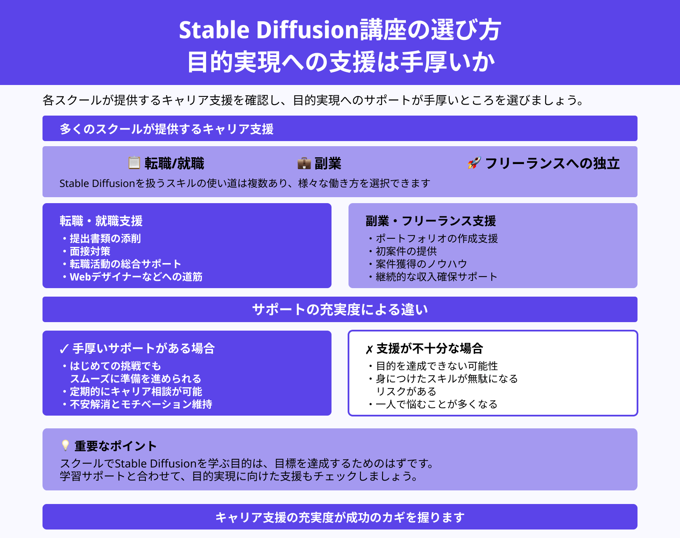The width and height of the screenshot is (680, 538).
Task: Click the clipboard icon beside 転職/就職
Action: click(134, 163)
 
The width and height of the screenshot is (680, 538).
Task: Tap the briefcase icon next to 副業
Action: click(304, 163)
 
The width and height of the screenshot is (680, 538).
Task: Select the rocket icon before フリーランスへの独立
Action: click(474, 163)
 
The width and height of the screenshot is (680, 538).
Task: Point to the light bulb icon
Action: click(65, 445)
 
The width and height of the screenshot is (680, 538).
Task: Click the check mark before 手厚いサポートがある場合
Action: click(64, 349)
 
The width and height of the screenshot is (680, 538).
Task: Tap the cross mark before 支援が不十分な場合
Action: click(369, 349)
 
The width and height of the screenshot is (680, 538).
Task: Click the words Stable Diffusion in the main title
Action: click(269, 30)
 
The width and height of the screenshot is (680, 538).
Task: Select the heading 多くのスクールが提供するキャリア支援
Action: click(167, 129)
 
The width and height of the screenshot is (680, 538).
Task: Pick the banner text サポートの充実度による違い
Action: click(340, 309)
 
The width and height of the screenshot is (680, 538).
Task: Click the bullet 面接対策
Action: click(90, 251)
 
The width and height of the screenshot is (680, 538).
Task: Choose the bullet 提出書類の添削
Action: click(105, 238)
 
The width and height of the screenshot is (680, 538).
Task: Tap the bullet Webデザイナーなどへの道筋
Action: click(136, 277)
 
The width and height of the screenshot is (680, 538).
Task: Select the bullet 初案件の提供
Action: click(406, 251)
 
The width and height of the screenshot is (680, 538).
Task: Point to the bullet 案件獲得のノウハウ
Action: click(421, 264)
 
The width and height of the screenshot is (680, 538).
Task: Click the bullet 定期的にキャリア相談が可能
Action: click(136, 391)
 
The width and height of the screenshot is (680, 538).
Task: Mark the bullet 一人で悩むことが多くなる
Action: click(436, 404)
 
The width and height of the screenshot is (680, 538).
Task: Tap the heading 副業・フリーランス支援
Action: click(431, 221)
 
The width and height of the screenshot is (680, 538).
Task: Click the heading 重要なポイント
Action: click(116, 446)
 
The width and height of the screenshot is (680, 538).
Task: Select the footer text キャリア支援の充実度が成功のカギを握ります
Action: click(340, 517)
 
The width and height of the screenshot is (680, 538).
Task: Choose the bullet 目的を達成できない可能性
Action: click(436, 366)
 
